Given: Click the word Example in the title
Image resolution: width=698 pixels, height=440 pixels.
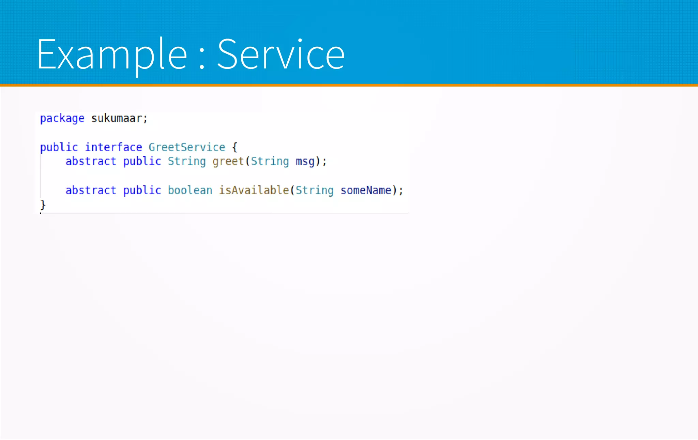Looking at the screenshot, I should point(112,55).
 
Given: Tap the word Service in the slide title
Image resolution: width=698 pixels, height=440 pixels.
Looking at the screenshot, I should point(281,55).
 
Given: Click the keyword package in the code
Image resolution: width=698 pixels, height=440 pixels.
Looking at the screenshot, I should point(62,119).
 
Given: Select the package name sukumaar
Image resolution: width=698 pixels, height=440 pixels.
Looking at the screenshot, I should point(117,119).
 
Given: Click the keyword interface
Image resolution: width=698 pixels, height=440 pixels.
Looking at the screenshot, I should point(113,147).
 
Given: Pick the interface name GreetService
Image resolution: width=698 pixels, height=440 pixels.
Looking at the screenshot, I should point(187,147).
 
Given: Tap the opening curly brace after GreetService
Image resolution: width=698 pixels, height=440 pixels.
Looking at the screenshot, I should point(234,148).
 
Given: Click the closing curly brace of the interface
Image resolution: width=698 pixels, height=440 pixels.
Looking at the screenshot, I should point(43,205).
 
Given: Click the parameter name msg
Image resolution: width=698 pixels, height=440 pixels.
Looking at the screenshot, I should point(305,162).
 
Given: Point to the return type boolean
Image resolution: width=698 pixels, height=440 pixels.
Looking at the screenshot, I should point(190,190).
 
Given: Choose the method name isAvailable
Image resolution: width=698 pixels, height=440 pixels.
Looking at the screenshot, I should point(254,190).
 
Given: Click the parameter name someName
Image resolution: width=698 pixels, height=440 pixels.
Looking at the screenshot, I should point(366,190).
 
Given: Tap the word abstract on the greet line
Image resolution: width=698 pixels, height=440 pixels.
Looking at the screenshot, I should point(91,161).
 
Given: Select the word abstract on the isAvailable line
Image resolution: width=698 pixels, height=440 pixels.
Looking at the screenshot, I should point(91,190).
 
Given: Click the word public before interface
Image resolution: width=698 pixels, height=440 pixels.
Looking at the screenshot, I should point(59,147).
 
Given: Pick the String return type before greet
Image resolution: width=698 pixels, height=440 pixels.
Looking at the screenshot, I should point(187,162).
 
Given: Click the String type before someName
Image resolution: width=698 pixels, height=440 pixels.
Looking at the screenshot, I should point(314,190).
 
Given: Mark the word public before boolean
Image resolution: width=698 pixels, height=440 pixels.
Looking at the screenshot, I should point(142,190).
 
